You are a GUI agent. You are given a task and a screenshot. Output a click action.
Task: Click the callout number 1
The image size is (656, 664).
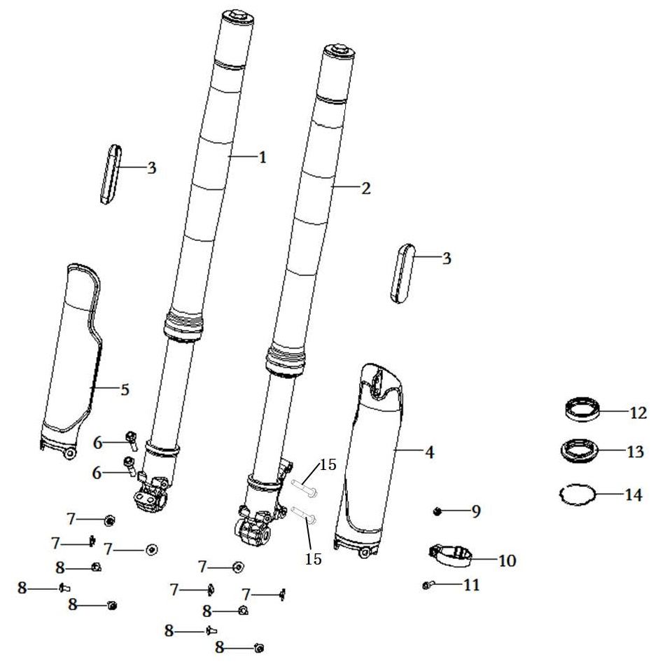[x=263, y=157]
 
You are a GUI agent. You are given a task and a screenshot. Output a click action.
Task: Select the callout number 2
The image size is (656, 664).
[x=366, y=188]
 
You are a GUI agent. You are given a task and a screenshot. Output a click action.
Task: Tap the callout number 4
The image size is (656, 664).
[x=429, y=452]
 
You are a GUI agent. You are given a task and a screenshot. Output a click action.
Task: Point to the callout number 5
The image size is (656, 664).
[x=125, y=389]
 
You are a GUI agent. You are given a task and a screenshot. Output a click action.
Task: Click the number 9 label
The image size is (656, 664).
[x=476, y=511]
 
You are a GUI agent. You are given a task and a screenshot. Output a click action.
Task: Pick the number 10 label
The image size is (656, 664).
[x=507, y=560]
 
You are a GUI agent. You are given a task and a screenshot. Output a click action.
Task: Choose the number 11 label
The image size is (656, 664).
[x=471, y=585]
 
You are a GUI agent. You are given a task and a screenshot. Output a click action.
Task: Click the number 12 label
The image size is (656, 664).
[x=638, y=412]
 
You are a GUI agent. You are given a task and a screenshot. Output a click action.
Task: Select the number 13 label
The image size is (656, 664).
[x=635, y=451]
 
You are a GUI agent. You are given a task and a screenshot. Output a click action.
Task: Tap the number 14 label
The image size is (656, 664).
[x=634, y=494]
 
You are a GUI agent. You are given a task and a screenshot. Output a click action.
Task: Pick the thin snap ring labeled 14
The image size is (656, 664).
[x=562, y=499]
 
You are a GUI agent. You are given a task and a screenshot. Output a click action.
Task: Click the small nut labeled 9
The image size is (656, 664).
[x=438, y=512]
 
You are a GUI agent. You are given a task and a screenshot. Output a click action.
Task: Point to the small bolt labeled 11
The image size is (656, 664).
[x=428, y=586]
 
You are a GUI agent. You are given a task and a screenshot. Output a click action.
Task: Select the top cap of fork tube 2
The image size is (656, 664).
[x=339, y=50]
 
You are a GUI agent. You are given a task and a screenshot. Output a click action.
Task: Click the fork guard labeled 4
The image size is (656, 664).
[x=369, y=459]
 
